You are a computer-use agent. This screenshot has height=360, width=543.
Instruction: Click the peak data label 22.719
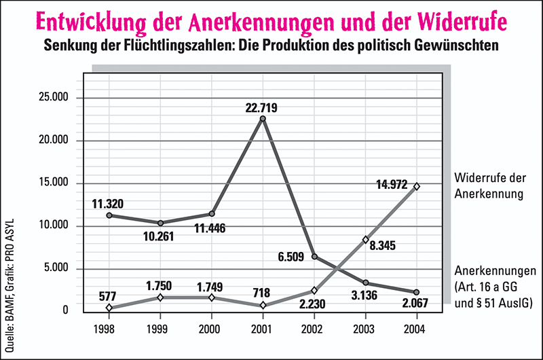coord(262,108)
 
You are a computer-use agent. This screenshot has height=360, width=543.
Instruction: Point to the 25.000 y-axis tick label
coord(55,98)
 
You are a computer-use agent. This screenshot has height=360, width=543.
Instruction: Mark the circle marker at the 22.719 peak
coord(262,119)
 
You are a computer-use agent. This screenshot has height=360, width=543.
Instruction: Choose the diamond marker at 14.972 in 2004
coord(416,186)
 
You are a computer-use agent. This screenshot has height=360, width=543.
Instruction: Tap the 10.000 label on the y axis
coord(55,226)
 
